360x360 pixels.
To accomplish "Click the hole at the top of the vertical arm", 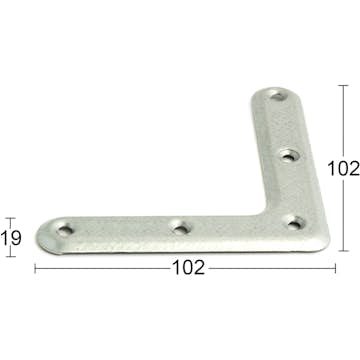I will (279, 97).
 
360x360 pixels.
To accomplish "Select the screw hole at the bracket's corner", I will (293, 222).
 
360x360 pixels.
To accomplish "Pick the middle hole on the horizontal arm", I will (180, 228).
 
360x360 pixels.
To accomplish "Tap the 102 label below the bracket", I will (189, 268).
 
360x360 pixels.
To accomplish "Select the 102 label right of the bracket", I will (343, 170).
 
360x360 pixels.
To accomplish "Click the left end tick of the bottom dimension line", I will (36, 268).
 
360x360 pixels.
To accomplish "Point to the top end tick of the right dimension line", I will (343, 85).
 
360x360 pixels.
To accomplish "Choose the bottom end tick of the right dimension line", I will (343, 250).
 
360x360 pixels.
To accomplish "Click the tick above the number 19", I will (11, 217).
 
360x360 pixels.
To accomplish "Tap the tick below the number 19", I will (11, 256).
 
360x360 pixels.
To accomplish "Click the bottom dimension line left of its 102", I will (100, 268).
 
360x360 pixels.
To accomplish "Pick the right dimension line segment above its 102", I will (343, 120).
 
